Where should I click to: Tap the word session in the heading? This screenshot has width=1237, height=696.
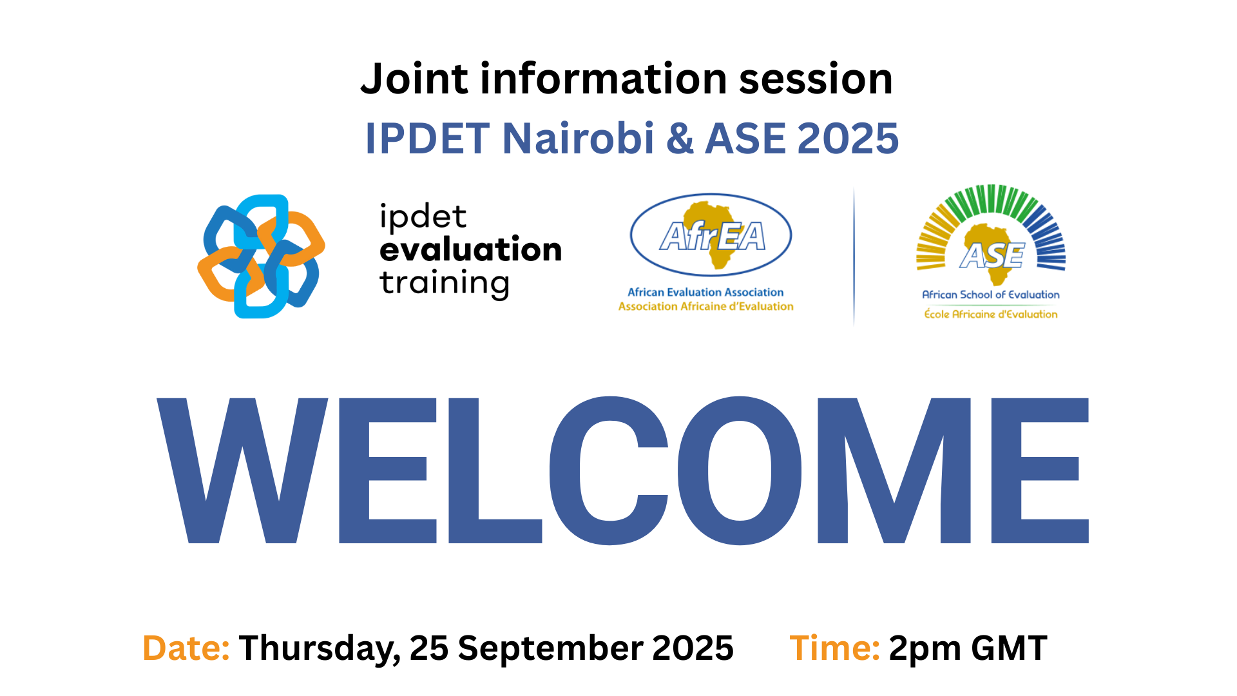click(x=816, y=79)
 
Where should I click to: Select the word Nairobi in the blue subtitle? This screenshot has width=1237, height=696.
click(x=578, y=139)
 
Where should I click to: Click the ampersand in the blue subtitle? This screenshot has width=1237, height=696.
click(x=680, y=139)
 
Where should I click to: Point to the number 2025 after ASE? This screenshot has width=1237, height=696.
click(x=848, y=139)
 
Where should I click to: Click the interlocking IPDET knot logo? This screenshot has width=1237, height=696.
click(x=261, y=256)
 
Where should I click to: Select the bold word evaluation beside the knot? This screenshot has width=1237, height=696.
click(x=470, y=249)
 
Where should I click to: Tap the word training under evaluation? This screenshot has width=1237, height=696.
click(x=445, y=284)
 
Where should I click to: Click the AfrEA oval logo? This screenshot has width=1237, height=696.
click(x=711, y=236)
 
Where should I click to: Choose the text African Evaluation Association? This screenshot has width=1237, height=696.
click(x=705, y=293)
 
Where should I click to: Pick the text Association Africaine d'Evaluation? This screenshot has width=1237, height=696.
click(x=705, y=307)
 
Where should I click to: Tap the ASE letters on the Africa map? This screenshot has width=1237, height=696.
click(x=992, y=256)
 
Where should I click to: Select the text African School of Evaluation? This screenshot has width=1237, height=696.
click(x=991, y=295)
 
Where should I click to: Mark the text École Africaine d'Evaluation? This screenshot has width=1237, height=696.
click(x=991, y=314)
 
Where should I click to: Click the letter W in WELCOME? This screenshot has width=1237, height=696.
click(x=242, y=470)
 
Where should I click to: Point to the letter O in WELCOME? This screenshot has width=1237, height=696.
click(x=740, y=470)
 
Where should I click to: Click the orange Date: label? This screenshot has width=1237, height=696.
click(x=186, y=648)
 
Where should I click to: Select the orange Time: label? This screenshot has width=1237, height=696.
click(x=834, y=648)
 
